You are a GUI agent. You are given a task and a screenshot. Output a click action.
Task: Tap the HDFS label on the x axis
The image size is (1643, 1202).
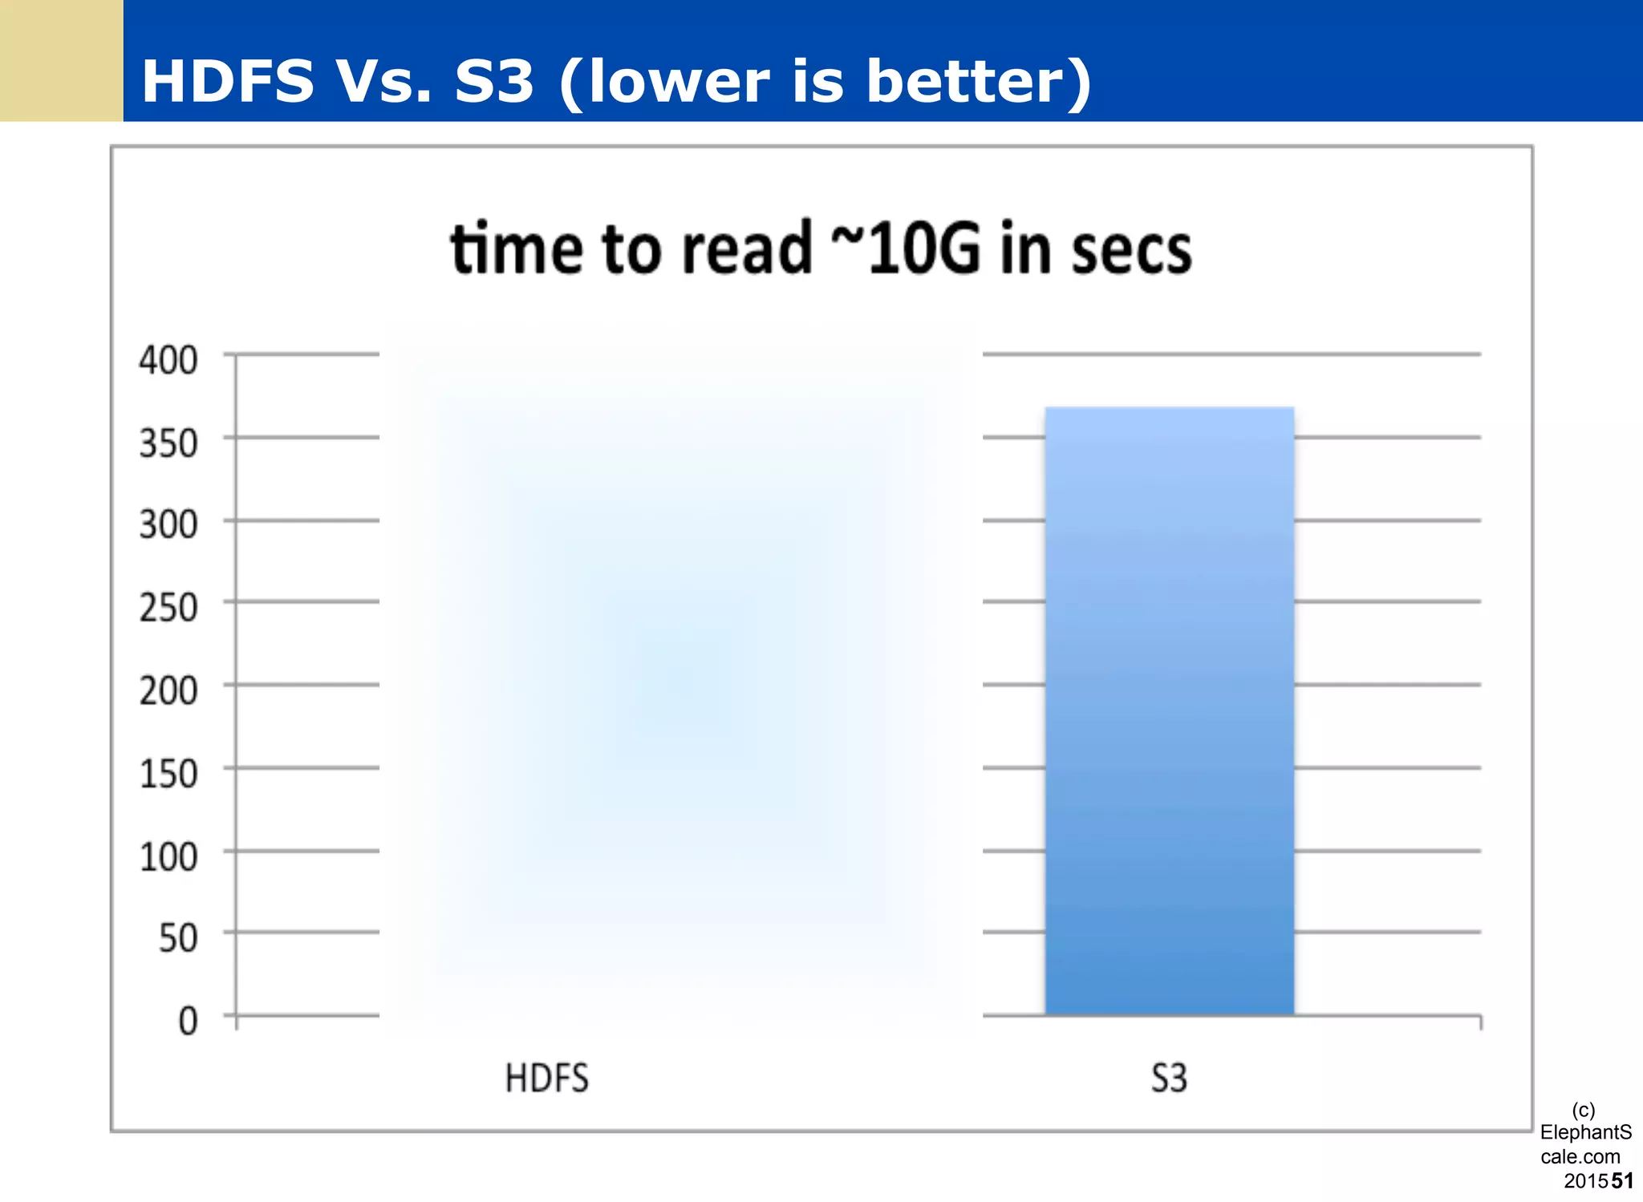click(x=546, y=1079)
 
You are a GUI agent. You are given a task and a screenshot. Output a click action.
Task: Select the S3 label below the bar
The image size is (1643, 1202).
click(x=1169, y=1079)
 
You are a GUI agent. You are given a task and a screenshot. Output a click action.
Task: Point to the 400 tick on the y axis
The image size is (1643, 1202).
click(x=168, y=360)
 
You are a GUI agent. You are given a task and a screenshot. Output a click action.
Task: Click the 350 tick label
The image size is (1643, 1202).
click(x=168, y=443)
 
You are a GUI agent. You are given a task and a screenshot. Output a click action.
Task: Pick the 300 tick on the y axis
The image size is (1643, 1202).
click(x=168, y=524)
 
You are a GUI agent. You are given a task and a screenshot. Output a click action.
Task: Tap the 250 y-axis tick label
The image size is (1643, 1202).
click(x=168, y=608)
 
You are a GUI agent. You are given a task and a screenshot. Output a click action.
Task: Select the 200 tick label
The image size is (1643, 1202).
click(x=168, y=690)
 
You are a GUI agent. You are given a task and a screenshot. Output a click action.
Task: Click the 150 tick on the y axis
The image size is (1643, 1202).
click(x=168, y=774)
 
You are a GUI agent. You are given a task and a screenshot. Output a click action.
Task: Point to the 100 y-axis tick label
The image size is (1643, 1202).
click(x=168, y=857)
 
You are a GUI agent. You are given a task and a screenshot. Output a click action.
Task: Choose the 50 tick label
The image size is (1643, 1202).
click(x=178, y=938)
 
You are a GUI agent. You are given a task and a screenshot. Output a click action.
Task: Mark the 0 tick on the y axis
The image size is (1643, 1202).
click(x=188, y=1022)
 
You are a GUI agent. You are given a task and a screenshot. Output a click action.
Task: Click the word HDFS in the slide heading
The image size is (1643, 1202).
click(x=228, y=82)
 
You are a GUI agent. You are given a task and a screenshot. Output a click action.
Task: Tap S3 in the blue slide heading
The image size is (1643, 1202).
click(x=493, y=82)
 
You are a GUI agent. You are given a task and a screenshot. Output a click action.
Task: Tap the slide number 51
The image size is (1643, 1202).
click(x=1622, y=1180)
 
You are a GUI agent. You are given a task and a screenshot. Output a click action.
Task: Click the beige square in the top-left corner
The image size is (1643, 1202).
click(x=61, y=60)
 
